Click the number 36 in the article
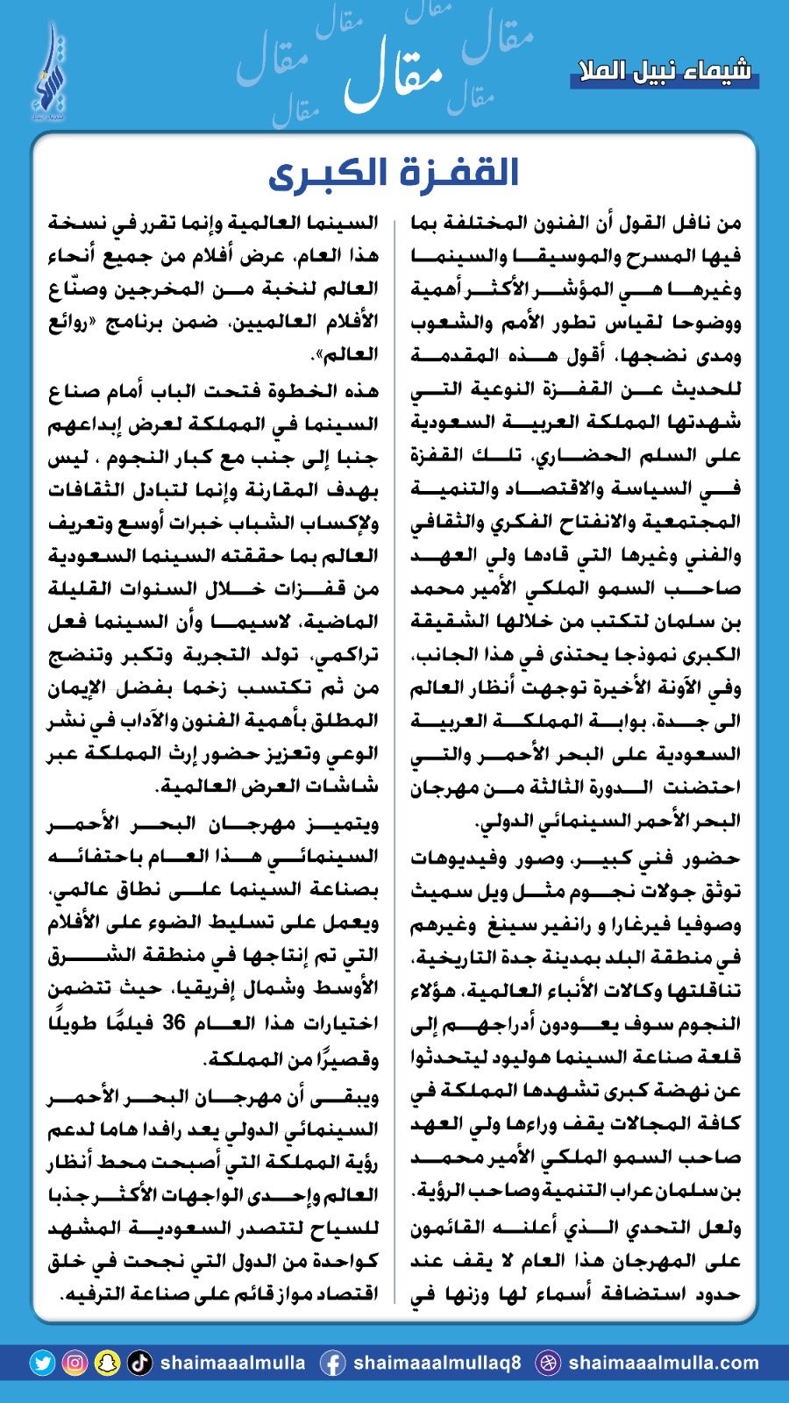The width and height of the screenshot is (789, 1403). pyautogui.click(x=173, y=1022)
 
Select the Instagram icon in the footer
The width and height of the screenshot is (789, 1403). pyautogui.click(x=75, y=1363)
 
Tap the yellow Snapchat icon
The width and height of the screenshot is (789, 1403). pyautogui.click(x=107, y=1363)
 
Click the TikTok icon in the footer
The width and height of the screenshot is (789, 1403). pyautogui.click(x=139, y=1363)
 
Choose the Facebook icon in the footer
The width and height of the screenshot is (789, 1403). pyautogui.click(x=332, y=1363)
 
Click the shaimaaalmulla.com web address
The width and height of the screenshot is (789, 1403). pyautogui.click(x=663, y=1363)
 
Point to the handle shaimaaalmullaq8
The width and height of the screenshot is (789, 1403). pyautogui.click(x=436, y=1363)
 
